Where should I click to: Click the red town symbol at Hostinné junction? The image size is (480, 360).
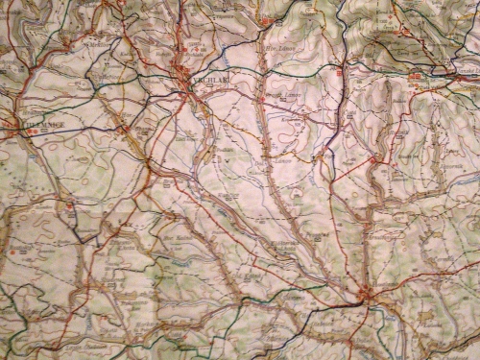[365, 291]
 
